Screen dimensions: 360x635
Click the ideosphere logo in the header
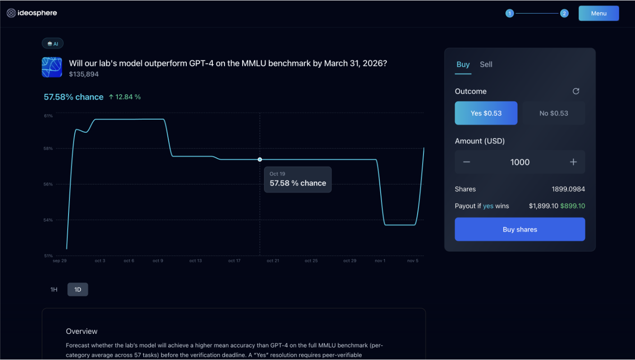click(x=32, y=13)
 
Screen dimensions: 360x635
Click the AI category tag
click(x=53, y=44)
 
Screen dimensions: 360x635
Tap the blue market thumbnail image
click(x=52, y=67)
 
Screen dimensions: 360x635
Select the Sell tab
click(x=486, y=65)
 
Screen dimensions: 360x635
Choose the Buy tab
click(x=463, y=65)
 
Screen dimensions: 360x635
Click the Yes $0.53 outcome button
click(x=486, y=113)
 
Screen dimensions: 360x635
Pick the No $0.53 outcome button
click(x=553, y=113)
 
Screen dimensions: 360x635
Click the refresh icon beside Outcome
click(x=576, y=91)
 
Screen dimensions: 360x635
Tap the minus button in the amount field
click(x=467, y=162)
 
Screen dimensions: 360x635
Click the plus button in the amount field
click(x=573, y=162)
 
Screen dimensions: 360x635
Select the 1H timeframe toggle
click(x=54, y=290)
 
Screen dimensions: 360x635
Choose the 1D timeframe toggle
click(x=78, y=290)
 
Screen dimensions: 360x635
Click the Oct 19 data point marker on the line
click(x=260, y=159)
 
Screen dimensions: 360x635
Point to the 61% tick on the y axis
click(x=48, y=116)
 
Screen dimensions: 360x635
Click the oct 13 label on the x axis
click(x=195, y=261)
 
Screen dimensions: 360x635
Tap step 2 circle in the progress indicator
click(x=564, y=14)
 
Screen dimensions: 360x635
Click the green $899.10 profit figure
click(x=572, y=206)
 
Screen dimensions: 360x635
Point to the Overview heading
click(x=82, y=331)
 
